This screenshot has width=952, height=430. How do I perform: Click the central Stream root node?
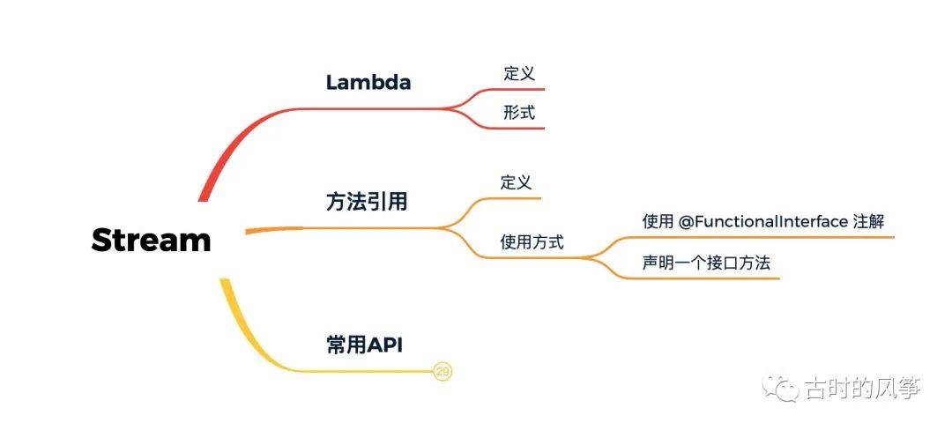(151, 240)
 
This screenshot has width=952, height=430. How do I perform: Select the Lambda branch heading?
(368, 83)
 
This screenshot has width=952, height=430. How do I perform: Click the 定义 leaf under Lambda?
(519, 74)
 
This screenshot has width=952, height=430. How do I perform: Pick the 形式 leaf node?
(519, 113)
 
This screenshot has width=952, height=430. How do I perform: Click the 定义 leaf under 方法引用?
(516, 183)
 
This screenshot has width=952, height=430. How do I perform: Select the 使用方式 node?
(532, 241)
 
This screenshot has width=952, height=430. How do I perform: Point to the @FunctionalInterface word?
(763, 221)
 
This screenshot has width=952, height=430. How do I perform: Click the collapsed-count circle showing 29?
(443, 373)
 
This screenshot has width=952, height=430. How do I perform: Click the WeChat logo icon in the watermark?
(782, 387)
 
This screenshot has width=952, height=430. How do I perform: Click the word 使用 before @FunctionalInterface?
(658, 221)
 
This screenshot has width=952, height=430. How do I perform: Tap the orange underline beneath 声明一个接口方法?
(705, 278)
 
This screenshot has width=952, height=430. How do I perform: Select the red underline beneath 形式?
(516, 129)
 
